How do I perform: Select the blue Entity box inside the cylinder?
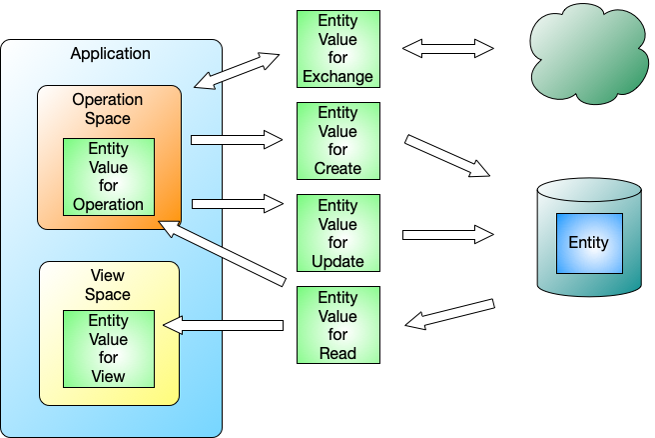(588, 243)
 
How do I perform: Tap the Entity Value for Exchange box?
(337, 49)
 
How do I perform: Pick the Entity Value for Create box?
(337, 141)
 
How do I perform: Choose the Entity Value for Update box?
(337, 233)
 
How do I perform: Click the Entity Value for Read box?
(337, 325)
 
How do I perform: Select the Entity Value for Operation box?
(109, 177)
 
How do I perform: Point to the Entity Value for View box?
(108, 349)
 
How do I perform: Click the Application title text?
(110, 54)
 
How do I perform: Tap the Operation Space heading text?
(108, 109)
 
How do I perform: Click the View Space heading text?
(108, 284)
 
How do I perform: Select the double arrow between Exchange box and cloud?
(448, 48)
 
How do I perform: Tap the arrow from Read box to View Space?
(224, 325)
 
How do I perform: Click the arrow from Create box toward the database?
(447, 156)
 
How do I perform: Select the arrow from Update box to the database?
(448, 234)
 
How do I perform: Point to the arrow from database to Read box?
(450, 313)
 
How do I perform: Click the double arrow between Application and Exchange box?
(236, 71)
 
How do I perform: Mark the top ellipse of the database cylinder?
(588, 190)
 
